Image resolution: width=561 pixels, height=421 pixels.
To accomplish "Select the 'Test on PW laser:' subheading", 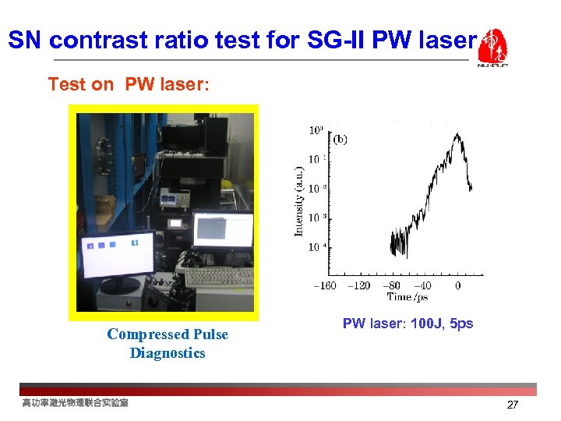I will point(129,84).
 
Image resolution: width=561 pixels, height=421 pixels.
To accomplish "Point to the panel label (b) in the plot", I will point(340,140).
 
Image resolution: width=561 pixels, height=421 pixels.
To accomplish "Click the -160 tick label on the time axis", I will point(324,285).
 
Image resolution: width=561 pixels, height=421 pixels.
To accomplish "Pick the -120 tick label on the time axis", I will point(359,285).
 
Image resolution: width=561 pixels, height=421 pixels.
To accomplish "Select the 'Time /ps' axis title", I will point(408,296).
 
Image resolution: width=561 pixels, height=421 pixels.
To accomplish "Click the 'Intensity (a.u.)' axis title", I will point(299,200).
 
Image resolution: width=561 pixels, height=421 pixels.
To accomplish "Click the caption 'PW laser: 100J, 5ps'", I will point(408,324).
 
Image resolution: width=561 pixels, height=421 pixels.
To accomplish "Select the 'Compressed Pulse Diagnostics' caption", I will point(168,344).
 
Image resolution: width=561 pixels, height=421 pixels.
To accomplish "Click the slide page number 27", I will point(513,405).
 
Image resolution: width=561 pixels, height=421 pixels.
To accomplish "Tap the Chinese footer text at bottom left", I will point(76,403).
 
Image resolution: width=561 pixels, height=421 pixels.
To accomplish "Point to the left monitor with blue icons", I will point(117,253).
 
